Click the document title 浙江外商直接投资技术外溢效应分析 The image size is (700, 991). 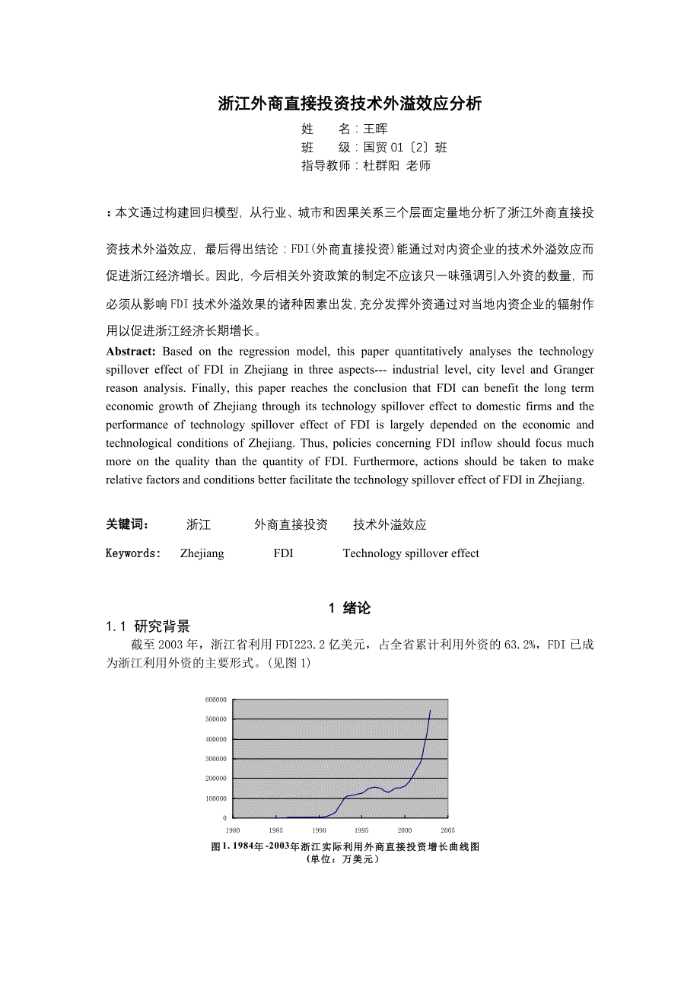click(x=350, y=104)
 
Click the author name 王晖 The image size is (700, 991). click(x=375, y=129)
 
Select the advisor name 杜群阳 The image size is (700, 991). click(x=382, y=166)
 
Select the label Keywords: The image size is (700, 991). click(x=133, y=553)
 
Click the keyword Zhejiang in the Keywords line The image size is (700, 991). click(x=202, y=553)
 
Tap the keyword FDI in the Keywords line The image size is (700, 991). click(x=283, y=553)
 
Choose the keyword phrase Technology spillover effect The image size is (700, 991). click(x=411, y=553)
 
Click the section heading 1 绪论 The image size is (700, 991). click(x=350, y=607)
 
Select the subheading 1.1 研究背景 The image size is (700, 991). click(x=148, y=626)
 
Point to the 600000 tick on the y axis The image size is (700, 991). click(x=215, y=699)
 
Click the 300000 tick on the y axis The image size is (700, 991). click(x=215, y=759)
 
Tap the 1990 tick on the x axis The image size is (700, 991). click(x=319, y=830)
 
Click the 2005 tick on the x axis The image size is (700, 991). click(x=447, y=830)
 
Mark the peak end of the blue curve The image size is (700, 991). click(x=430, y=711)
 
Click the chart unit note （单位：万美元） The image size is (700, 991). click(x=342, y=859)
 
